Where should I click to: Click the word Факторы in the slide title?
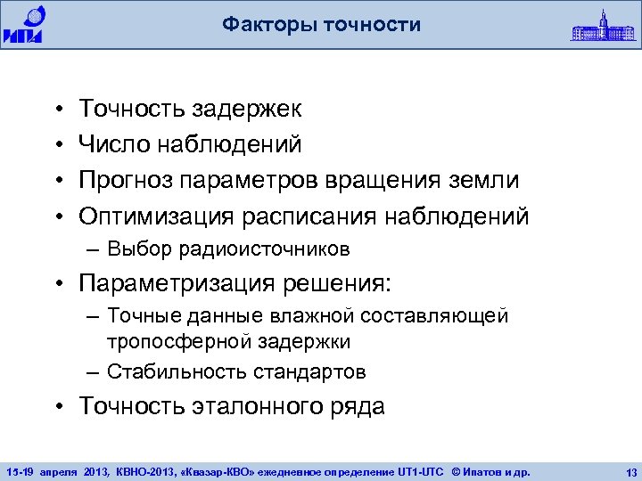click(x=267, y=25)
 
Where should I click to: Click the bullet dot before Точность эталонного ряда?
click(x=57, y=408)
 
